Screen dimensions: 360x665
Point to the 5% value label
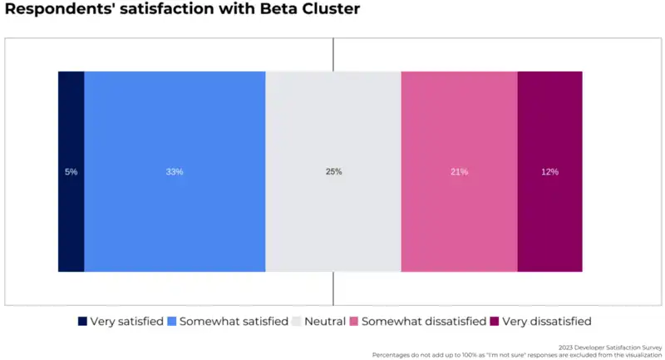pos(71,172)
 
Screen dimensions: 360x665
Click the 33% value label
pos(175,172)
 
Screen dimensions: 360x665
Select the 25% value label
pos(333,172)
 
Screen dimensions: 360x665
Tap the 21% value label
pos(459,172)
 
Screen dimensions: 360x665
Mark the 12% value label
pos(549,172)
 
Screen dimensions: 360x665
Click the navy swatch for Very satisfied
pos(82,322)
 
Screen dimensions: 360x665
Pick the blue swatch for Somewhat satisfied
pos(172,322)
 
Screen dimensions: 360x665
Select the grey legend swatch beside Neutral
pos(297,322)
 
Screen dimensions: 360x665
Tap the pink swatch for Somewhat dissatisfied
pos(353,322)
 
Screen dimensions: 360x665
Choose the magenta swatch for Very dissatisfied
pos(495,322)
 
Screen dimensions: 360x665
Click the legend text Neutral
pos(324,322)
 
